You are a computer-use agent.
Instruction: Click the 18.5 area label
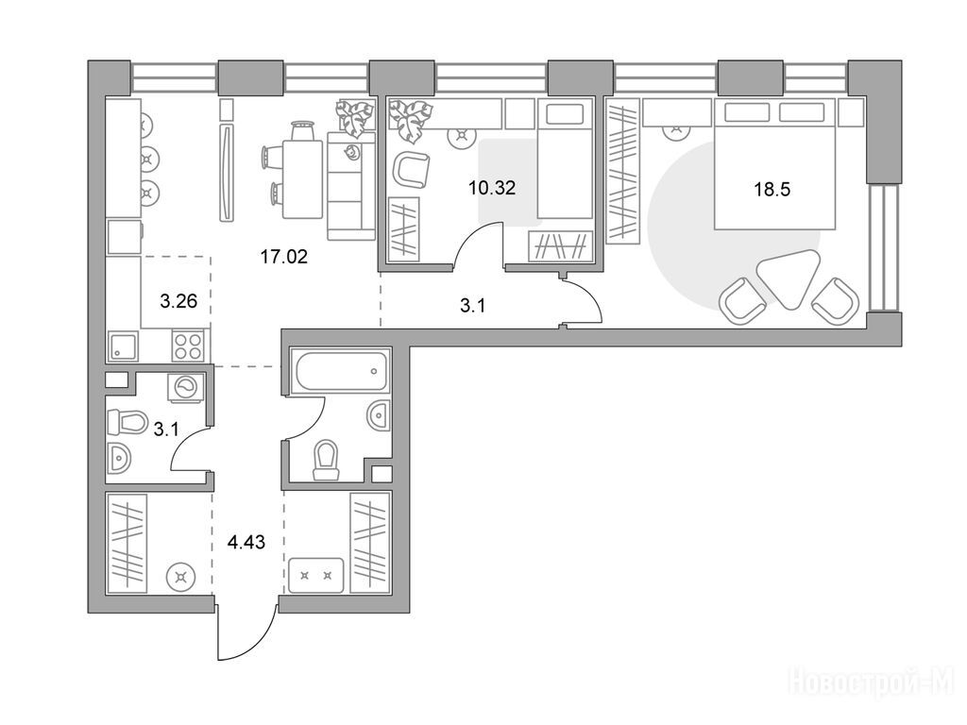[772, 189]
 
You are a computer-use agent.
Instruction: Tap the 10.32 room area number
[491, 188]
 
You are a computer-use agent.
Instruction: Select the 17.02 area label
[283, 257]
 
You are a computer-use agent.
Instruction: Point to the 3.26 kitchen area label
[178, 301]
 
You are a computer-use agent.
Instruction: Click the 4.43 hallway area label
[246, 543]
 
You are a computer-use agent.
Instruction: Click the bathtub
[342, 370]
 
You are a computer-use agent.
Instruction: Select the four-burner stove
[188, 346]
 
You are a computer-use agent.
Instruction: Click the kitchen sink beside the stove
[124, 346]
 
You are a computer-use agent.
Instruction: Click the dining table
[302, 179]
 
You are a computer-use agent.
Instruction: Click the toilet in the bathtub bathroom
[326, 460]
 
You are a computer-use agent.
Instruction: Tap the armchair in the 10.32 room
[410, 170]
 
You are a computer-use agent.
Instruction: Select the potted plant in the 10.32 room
[408, 117]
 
